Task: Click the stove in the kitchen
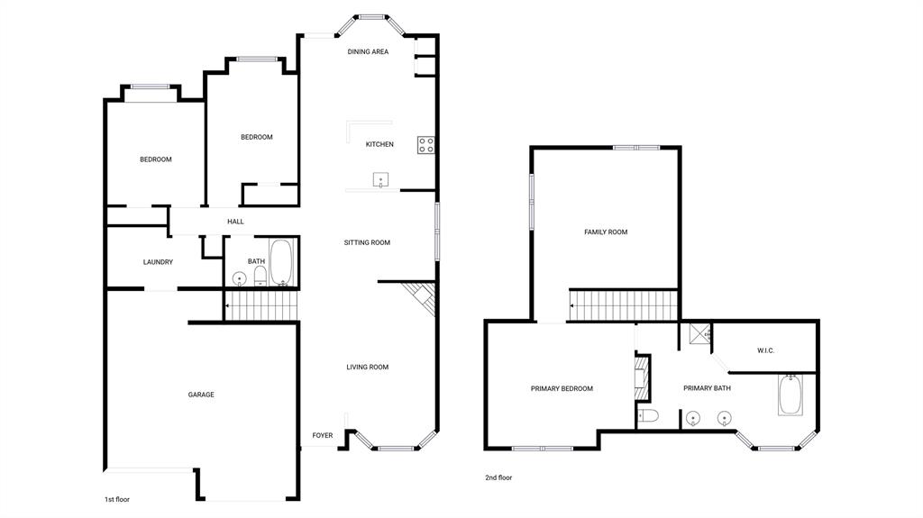pyautogui.click(x=425, y=144)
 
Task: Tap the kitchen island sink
pyautogui.click(x=381, y=180)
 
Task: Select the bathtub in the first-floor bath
pyautogui.click(x=282, y=262)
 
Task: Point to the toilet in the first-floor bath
pyautogui.click(x=259, y=273)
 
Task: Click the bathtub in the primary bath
pyautogui.click(x=790, y=395)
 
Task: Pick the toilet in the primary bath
pyautogui.click(x=648, y=415)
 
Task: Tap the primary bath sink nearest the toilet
pyautogui.click(x=693, y=418)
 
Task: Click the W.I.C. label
pyautogui.click(x=766, y=350)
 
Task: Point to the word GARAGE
pyautogui.click(x=201, y=395)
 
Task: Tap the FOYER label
pyautogui.click(x=323, y=436)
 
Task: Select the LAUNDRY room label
pyautogui.click(x=158, y=262)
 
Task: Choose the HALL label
pyautogui.click(x=235, y=222)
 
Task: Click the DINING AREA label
pyautogui.click(x=368, y=52)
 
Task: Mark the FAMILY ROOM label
pyautogui.click(x=606, y=232)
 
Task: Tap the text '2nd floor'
pyautogui.click(x=498, y=478)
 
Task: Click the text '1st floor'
pyautogui.click(x=118, y=498)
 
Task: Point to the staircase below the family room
pyautogui.click(x=622, y=305)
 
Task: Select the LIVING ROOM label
pyautogui.click(x=368, y=367)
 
